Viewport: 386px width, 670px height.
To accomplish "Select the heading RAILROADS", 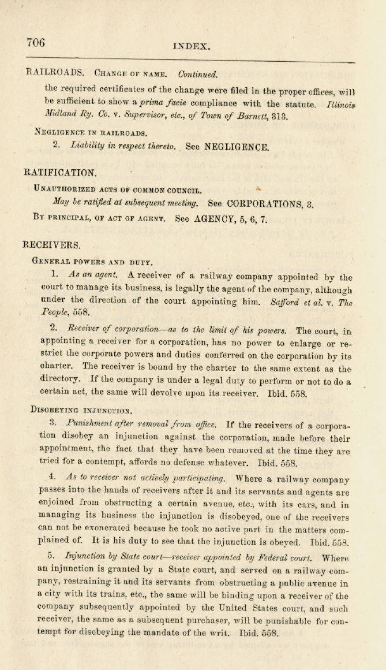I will pyautogui.click(x=55, y=73).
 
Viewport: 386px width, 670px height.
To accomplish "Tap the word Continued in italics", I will pyautogui.click(x=198, y=75).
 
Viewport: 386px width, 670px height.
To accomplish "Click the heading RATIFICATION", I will pyautogui.click(x=60, y=172).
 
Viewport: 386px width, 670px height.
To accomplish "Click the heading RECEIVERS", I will pyautogui.click(x=53, y=245).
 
